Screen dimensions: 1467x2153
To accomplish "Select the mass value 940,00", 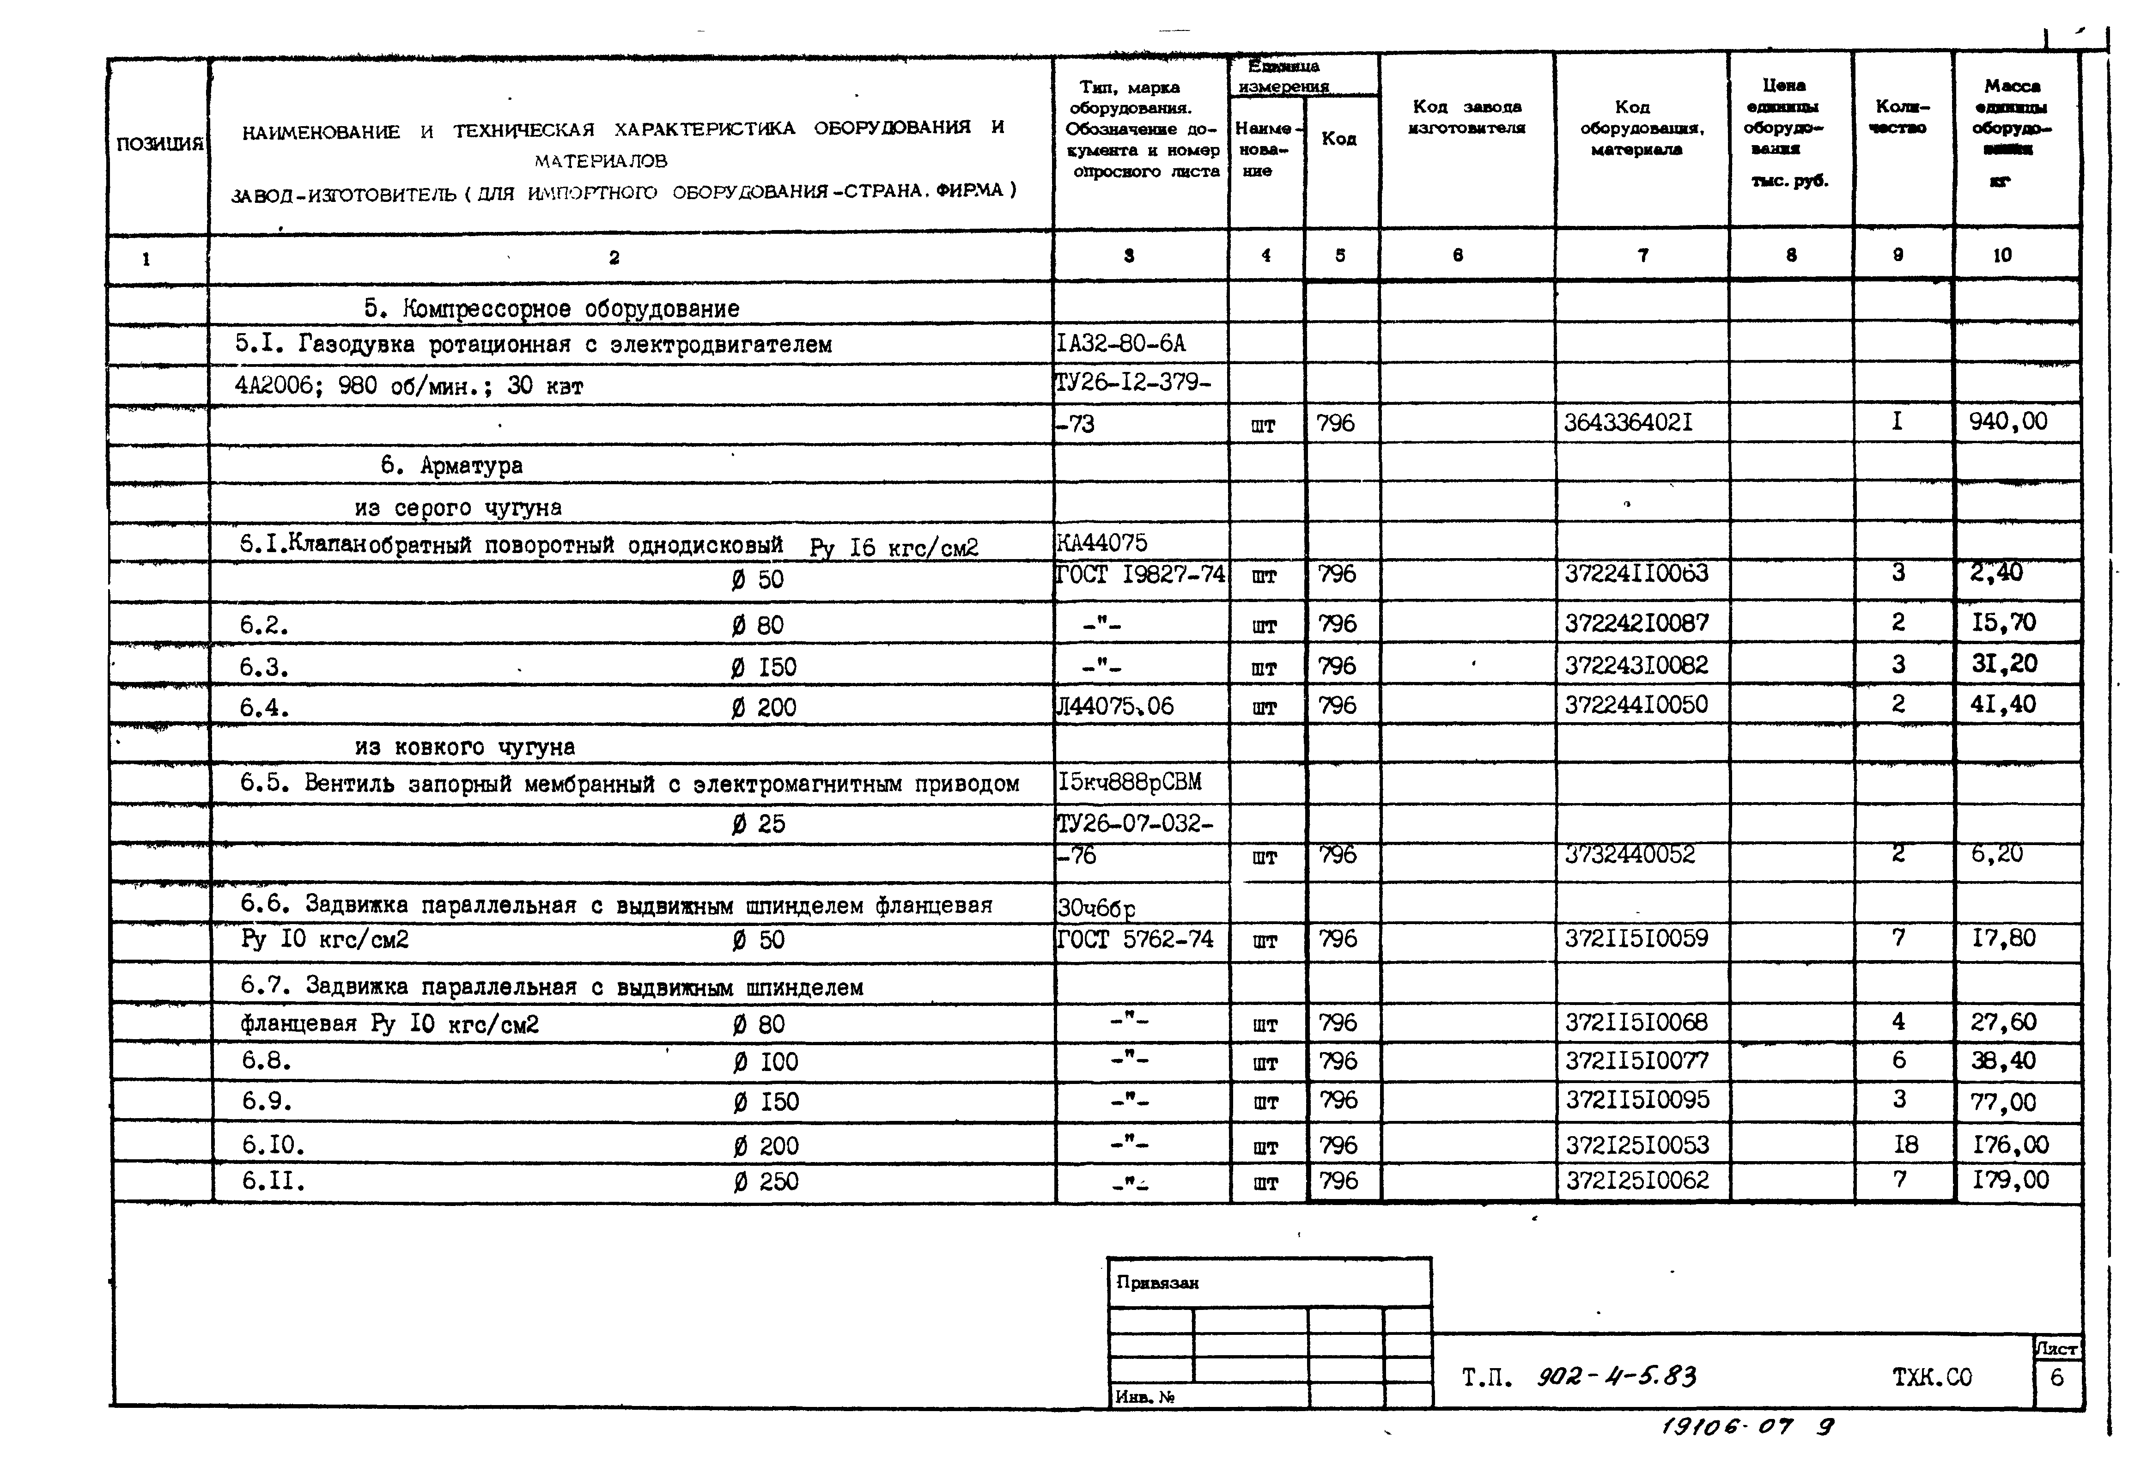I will (2007, 423).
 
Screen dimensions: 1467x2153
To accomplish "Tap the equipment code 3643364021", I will (1628, 424).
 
